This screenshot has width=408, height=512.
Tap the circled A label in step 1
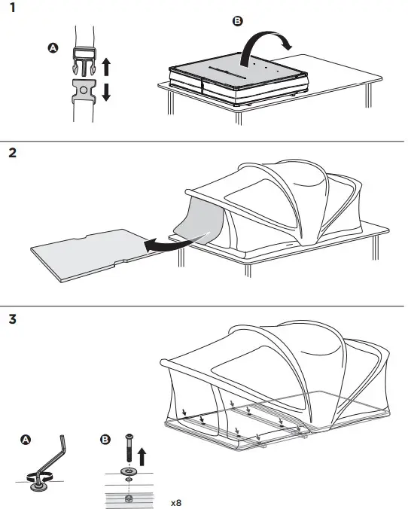(x=53, y=48)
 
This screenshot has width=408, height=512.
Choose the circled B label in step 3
(x=105, y=439)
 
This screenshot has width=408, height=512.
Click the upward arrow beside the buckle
(x=106, y=66)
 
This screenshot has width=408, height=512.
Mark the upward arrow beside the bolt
(x=141, y=457)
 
